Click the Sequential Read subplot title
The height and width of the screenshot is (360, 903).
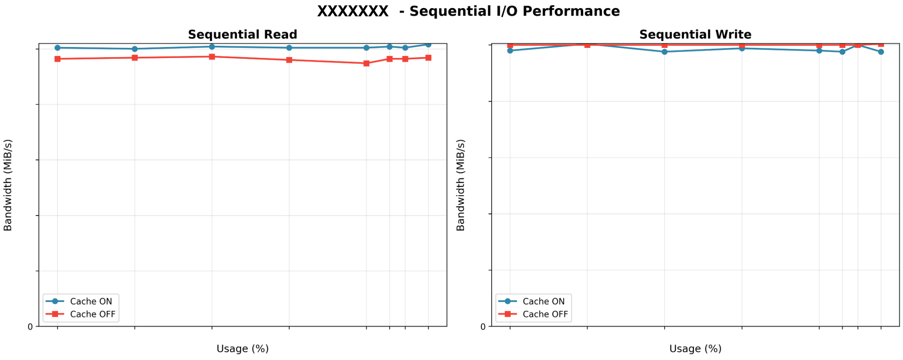[242, 34]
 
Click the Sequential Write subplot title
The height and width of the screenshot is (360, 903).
[695, 34]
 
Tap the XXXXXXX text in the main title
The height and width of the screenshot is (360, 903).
[352, 11]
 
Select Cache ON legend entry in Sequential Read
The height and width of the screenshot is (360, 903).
[91, 302]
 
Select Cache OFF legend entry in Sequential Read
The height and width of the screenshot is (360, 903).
[92, 314]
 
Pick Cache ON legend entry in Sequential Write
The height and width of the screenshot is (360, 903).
[543, 302]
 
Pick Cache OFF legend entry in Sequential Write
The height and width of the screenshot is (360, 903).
[545, 314]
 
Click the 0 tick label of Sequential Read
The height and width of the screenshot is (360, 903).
[30, 327]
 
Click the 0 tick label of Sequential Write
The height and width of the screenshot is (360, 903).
[483, 327]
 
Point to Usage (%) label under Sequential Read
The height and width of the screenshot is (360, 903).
[242, 349]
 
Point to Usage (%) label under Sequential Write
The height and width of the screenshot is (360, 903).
[695, 349]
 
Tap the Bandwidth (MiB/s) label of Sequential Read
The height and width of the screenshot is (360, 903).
[8, 185]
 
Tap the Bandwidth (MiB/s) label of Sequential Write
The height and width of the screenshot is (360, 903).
[460, 185]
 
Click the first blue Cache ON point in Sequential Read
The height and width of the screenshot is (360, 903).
[58, 48]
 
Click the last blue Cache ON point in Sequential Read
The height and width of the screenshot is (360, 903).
[428, 44]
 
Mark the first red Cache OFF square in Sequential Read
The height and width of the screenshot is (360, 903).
[58, 59]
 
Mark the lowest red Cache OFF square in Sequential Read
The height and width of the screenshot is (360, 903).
[366, 64]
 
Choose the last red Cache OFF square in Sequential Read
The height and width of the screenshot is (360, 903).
[428, 58]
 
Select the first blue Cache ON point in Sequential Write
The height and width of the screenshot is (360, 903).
[510, 51]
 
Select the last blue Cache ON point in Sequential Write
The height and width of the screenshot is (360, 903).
[881, 52]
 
